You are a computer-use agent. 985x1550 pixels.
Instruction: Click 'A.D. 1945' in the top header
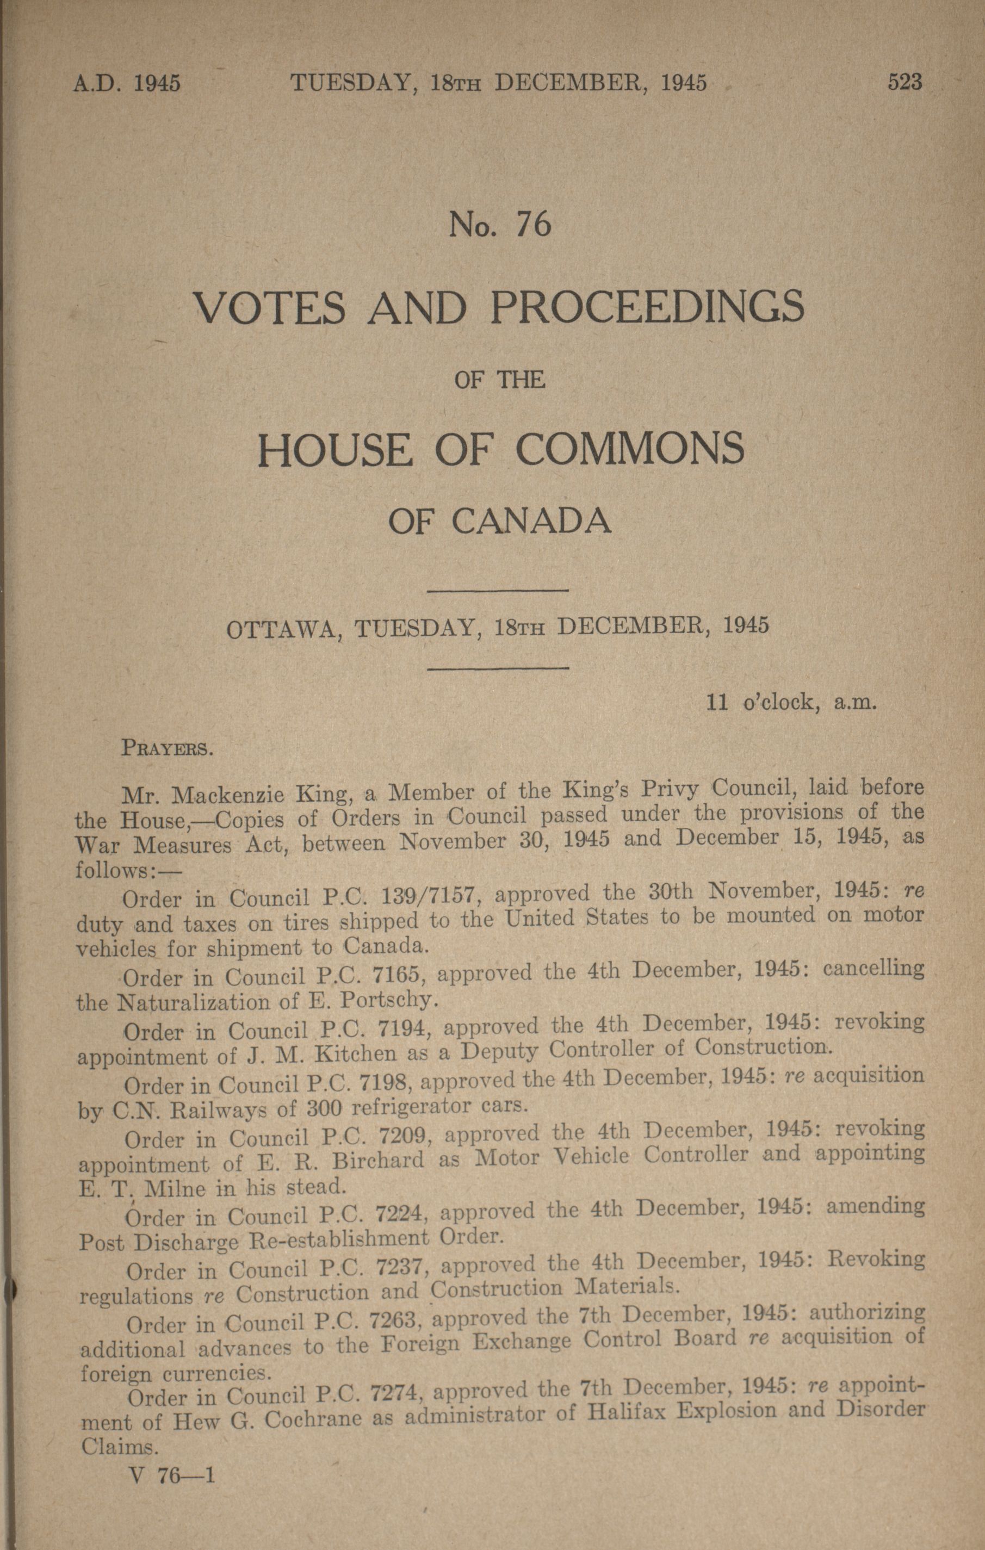tap(127, 84)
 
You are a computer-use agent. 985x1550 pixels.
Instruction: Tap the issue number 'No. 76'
tap(500, 225)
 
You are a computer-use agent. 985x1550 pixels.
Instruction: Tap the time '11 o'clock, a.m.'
tap(792, 702)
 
